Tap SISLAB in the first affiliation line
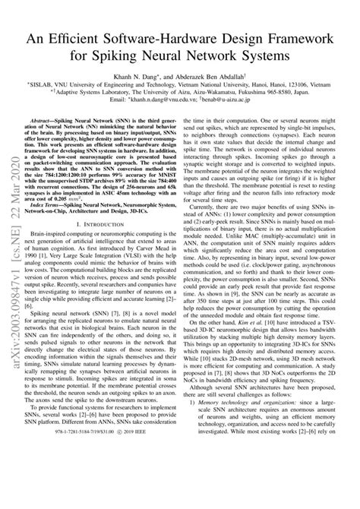pos(58,90)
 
